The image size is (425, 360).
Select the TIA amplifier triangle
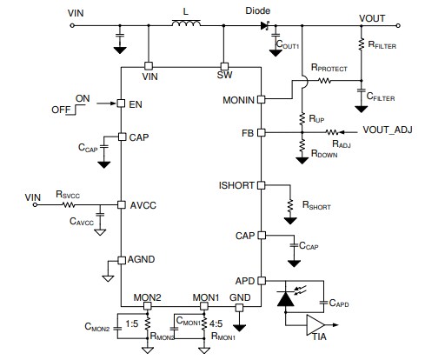pyautogui.click(x=311, y=325)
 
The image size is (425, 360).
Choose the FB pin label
pyautogui.click(x=248, y=133)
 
